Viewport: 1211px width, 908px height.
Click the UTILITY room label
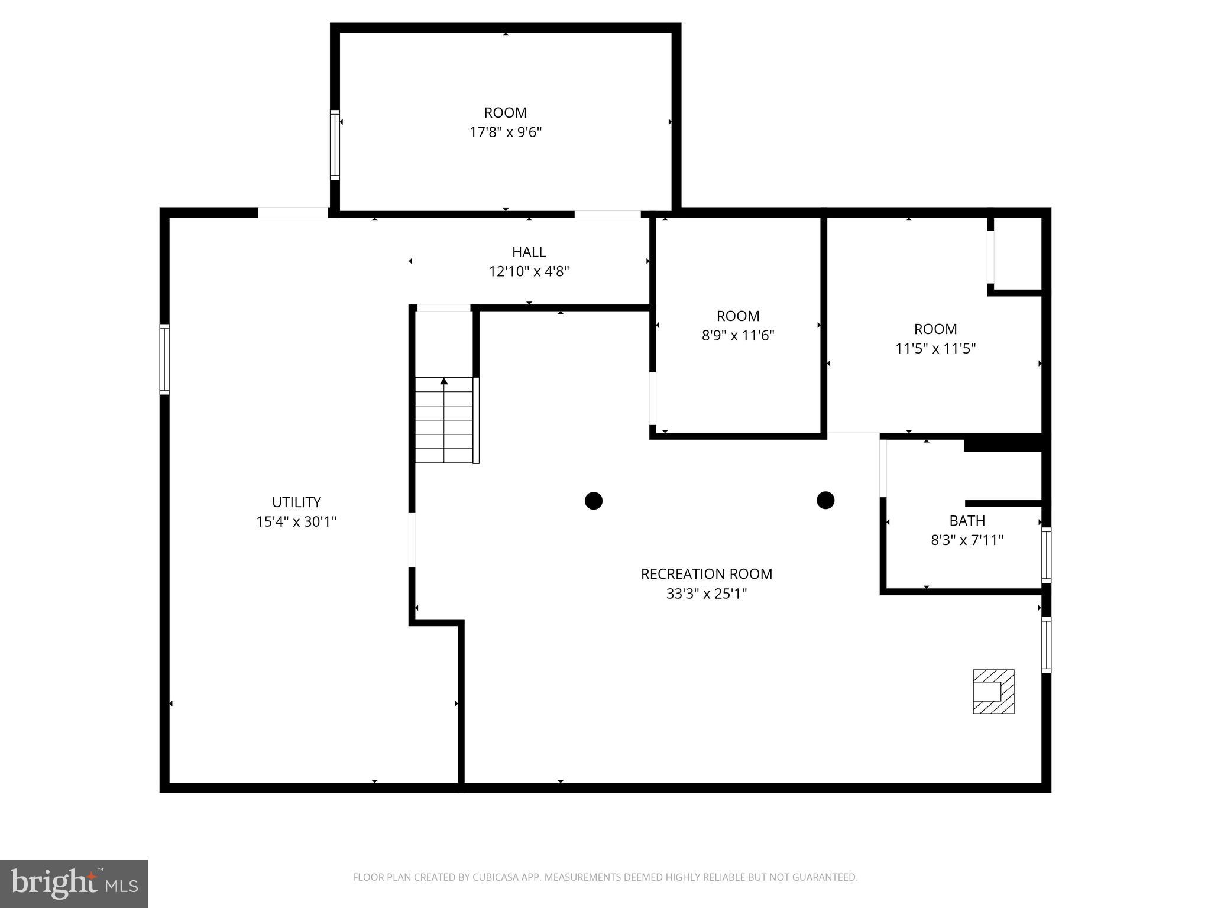(x=296, y=502)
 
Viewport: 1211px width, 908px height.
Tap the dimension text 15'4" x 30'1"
(x=296, y=521)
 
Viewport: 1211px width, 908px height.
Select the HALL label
(x=529, y=252)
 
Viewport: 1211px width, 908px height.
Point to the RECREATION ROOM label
(x=707, y=573)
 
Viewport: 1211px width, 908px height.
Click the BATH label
(x=967, y=520)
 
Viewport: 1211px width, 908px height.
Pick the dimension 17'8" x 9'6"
(x=506, y=132)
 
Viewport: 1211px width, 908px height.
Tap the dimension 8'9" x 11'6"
(x=738, y=335)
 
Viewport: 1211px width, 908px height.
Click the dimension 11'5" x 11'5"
(x=935, y=348)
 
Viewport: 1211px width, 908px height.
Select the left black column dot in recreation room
(x=593, y=501)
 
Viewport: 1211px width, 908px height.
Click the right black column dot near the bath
(x=825, y=500)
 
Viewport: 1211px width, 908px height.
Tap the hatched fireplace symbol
(x=993, y=691)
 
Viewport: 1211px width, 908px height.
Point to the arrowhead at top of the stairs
(x=444, y=381)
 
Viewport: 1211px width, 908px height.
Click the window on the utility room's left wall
(x=165, y=359)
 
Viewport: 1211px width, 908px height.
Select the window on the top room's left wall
(x=335, y=144)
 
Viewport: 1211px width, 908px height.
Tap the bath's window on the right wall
(x=1046, y=554)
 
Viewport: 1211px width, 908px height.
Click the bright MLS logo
(x=74, y=883)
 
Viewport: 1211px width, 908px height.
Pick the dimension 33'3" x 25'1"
(x=707, y=593)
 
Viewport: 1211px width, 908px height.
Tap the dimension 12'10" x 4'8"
(x=529, y=271)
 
